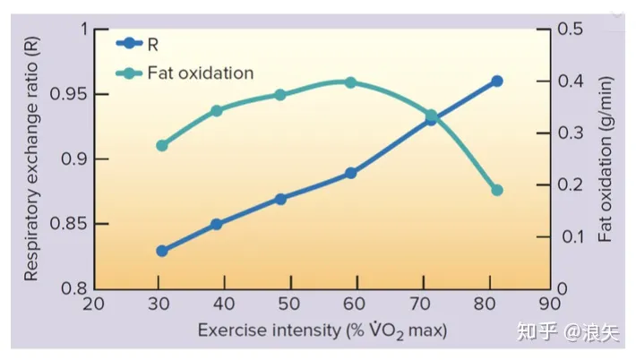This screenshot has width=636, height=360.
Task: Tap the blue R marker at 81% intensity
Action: click(x=496, y=81)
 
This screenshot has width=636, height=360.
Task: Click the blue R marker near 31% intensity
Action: click(x=162, y=251)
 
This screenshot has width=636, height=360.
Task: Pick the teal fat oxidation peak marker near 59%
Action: click(x=350, y=82)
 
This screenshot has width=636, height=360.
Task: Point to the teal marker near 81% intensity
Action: click(x=496, y=190)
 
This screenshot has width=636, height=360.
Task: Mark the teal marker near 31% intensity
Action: click(x=162, y=145)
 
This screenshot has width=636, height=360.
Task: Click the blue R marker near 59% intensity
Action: click(x=350, y=173)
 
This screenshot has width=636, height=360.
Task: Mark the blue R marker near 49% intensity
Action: click(x=280, y=199)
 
